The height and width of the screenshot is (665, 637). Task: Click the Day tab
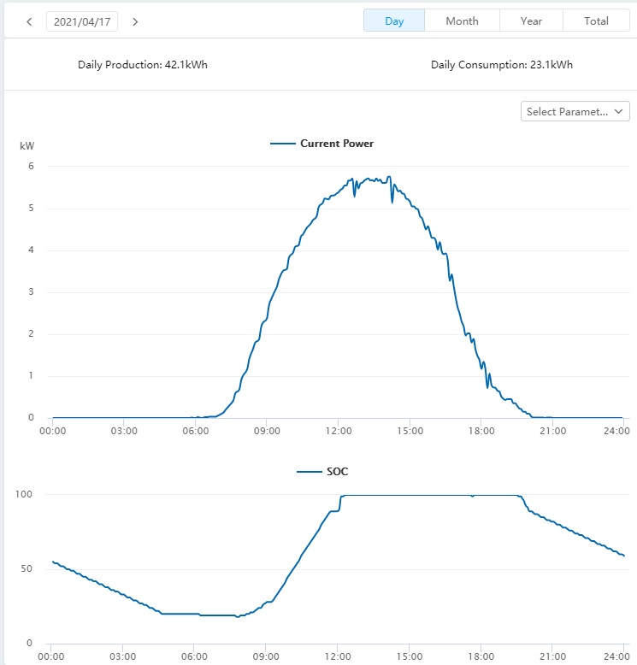pyautogui.click(x=394, y=21)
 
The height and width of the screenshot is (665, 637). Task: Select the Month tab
pyautogui.click(x=462, y=21)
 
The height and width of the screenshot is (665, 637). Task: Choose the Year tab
pyautogui.click(x=531, y=21)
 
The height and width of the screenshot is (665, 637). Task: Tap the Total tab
pyautogui.click(x=596, y=21)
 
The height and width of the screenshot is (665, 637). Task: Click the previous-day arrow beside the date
pyautogui.click(x=29, y=21)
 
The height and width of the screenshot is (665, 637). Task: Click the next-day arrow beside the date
pyautogui.click(x=135, y=21)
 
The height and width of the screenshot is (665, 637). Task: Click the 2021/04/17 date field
pyautogui.click(x=82, y=21)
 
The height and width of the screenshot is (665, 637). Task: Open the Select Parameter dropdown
pyautogui.click(x=575, y=111)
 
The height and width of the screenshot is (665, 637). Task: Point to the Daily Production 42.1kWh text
pyautogui.click(x=143, y=65)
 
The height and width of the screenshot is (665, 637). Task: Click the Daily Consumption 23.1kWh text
pyautogui.click(x=502, y=65)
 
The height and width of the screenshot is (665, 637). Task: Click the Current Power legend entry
pyautogui.click(x=322, y=144)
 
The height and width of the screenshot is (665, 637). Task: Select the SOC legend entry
pyautogui.click(x=323, y=472)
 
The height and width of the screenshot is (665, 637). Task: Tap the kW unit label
pyautogui.click(x=27, y=147)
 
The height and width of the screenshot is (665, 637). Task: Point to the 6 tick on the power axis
pyautogui.click(x=31, y=167)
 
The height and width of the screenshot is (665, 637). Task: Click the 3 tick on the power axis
pyautogui.click(x=31, y=292)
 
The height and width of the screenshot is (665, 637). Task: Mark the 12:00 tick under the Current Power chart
pyautogui.click(x=339, y=431)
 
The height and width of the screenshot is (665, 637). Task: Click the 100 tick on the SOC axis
pyautogui.click(x=25, y=495)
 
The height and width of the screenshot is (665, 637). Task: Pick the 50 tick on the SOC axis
pyautogui.click(x=27, y=569)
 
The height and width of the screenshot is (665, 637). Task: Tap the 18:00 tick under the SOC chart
pyautogui.click(x=481, y=656)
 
